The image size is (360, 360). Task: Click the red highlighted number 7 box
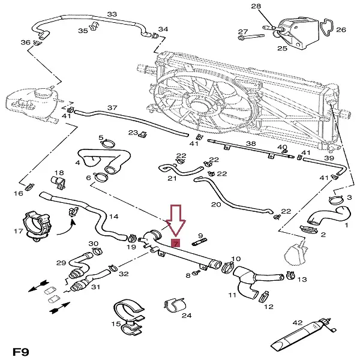[x=175, y=243]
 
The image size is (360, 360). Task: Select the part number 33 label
[x=112, y=14]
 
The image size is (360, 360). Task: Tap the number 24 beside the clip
[x=187, y=315]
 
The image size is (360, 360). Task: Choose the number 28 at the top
[x=256, y=7]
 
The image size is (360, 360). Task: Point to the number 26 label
[x=341, y=29]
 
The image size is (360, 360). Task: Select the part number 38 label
[x=251, y=144]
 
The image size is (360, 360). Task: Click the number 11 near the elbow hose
[x=232, y=295]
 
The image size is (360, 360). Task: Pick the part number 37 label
[x=112, y=108]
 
